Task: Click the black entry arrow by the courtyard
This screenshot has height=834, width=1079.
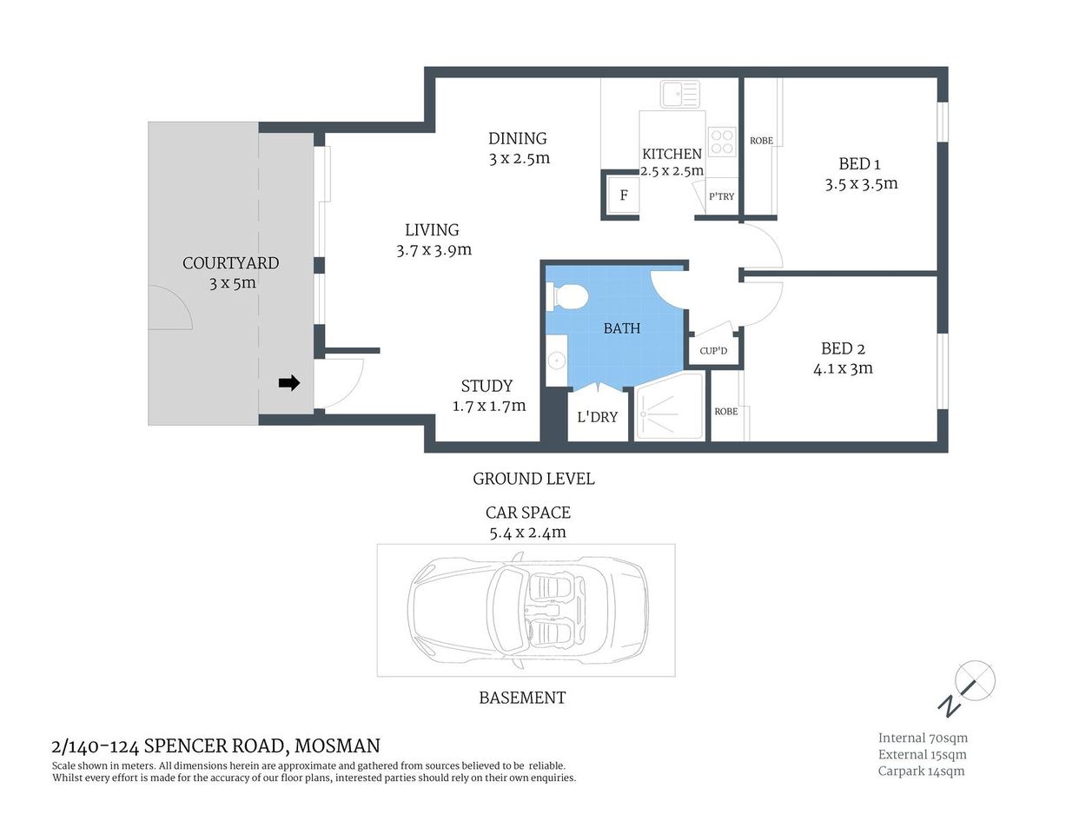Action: (289, 382)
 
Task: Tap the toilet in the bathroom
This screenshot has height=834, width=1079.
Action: (568, 296)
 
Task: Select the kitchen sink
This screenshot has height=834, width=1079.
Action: (679, 94)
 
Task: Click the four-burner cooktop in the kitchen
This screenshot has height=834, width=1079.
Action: (722, 142)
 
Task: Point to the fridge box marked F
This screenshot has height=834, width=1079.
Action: (623, 195)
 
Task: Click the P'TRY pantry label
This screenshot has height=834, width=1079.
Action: (721, 196)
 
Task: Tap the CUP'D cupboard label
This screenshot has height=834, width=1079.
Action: (713, 351)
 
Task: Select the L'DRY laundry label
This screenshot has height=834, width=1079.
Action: (598, 417)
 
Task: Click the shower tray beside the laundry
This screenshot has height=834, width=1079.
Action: (669, 408)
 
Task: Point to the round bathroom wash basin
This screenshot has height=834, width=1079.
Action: (556, 360)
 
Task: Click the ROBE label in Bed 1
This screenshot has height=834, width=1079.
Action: (761, 141)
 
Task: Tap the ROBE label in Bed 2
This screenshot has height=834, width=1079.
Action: (725, 412)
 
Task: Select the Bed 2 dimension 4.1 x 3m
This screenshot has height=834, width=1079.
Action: (843, 368)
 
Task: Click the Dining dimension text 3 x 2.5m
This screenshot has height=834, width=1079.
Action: (519, 158)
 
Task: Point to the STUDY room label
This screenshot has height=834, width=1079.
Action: (487, 386)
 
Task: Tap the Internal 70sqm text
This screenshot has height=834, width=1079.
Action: (923, 738)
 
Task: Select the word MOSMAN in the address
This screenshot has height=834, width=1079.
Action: (337, 745)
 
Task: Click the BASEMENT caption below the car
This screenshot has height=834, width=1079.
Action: (522, 698)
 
